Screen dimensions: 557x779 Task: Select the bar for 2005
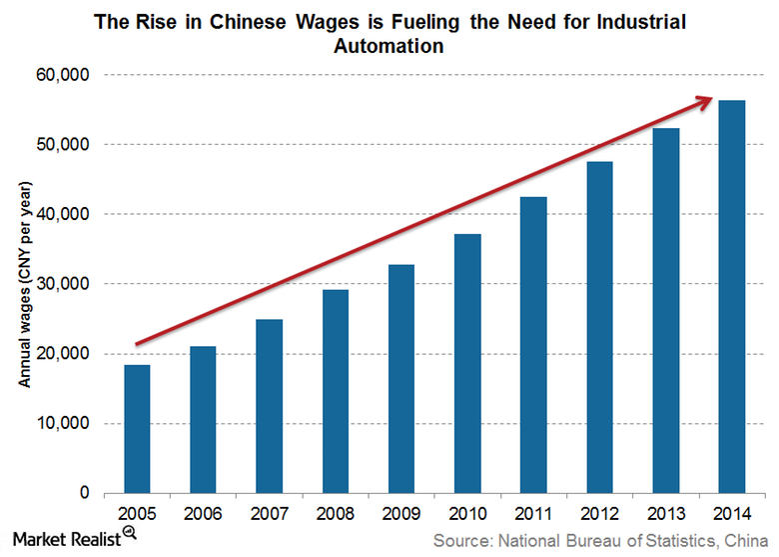tap(137, 429)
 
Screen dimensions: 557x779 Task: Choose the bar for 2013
tap(666, 311)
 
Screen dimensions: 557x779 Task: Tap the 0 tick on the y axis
tap(88, 494)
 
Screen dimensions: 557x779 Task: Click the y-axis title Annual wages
tap(26, 286)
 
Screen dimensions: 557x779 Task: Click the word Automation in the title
tap(389, 45)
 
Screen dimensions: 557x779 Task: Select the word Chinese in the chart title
tap(252, 21)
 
